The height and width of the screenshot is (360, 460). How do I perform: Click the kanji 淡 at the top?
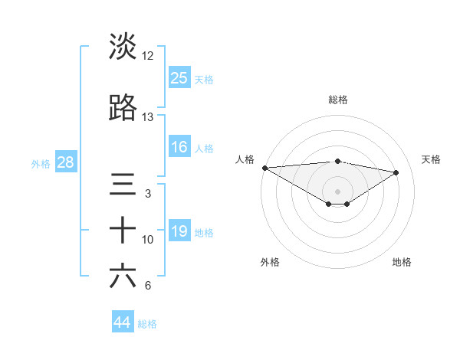(x=123, y=47)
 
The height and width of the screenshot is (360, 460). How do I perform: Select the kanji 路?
(x=123, y=109)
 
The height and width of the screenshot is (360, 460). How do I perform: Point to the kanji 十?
(x=123, y=231)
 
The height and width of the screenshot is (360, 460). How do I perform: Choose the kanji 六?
(x=123, y=277)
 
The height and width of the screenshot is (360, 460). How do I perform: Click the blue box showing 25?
(x=179, y=77)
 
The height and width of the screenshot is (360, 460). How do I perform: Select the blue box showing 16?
(x=179, y=147)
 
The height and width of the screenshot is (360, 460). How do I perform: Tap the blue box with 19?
(x=179, y=231)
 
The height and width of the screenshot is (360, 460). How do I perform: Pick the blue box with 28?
(x=65, y=162)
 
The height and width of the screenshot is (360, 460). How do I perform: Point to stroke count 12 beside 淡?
(x=148, y=56)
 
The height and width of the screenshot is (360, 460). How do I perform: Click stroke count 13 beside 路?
(x=148, y=117)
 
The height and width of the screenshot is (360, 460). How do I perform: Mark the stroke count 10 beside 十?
(x=148, y=240)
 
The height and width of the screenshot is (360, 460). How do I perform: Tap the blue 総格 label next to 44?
(x=147, y=324)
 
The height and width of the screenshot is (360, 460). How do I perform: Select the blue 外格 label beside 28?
(x=41, y=163)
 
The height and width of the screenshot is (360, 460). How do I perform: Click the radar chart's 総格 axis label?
(x=337, y=100)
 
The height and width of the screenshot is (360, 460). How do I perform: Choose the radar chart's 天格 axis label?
(x=432, y=159)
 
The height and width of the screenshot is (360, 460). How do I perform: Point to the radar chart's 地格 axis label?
(x=402, y=262)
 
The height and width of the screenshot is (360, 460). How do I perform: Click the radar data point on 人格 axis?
(x=264, y=168)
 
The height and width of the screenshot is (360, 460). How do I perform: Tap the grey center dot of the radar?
(x=337, y=191)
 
